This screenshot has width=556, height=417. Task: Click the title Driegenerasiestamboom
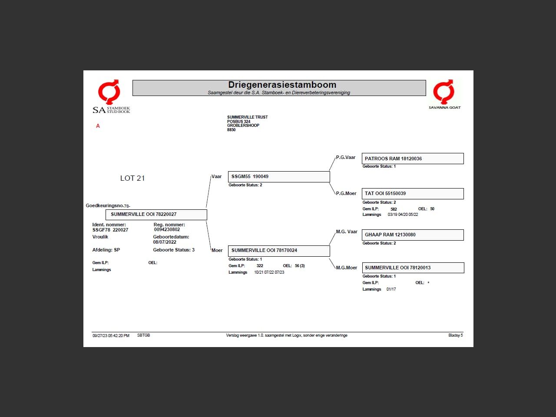point(282,85)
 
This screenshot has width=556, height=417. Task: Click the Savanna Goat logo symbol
point(444,91)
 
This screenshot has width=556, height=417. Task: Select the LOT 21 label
point(132,178)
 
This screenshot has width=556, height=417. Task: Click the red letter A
point(98,126)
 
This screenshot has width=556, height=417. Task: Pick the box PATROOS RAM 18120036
point(412,159)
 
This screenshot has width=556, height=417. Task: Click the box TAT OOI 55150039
point(412,193)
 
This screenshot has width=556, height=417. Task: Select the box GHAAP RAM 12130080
point(412,235)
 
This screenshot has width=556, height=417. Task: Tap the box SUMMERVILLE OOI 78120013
point(412,268)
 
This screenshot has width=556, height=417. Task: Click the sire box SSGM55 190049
point(278,176)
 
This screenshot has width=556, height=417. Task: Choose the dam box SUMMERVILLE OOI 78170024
point(278,250)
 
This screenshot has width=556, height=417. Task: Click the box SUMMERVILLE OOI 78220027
point(156,214)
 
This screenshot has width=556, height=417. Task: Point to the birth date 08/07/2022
point(165,242)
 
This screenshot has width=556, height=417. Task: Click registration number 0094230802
point(167,229)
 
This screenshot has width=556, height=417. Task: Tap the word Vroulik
point(100,237)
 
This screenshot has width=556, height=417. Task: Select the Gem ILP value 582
point(394,209)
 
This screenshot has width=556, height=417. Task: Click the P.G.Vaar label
point(346,157)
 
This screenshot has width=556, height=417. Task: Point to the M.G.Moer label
point(347,268)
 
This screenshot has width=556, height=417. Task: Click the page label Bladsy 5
point(455,335)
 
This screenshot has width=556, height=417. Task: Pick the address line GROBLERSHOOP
point(243,126)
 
